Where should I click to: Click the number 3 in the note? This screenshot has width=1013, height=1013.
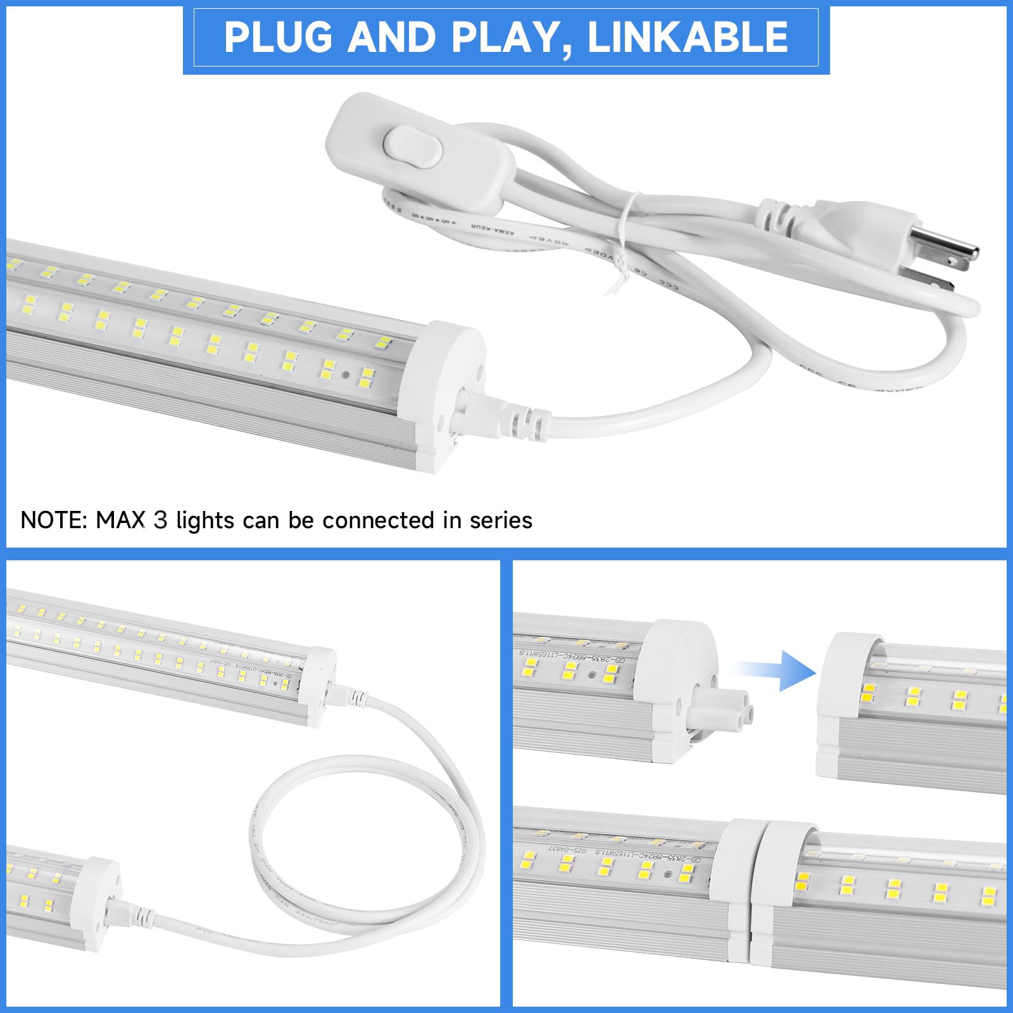click(x=161, y=520)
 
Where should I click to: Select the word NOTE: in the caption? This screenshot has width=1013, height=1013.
click(x=54, y=520)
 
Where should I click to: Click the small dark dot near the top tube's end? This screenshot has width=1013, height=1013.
click(x=346, y=374)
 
